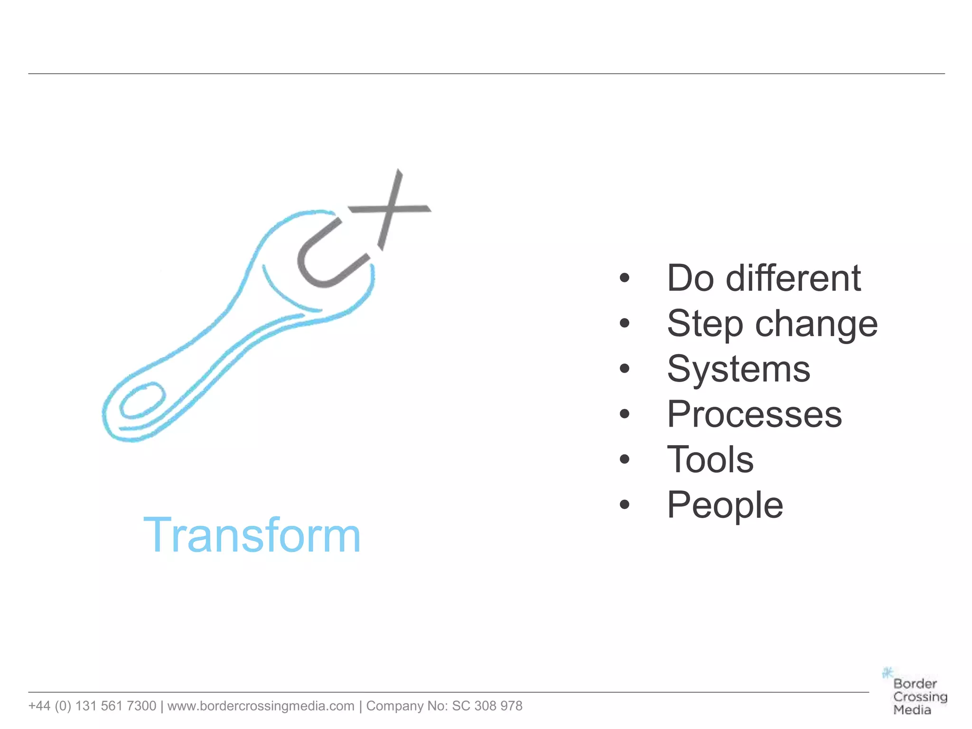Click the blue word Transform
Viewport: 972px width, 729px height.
click(252, 535)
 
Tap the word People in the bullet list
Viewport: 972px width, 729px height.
click(725, 505)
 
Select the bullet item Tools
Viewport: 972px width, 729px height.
click(710, 459)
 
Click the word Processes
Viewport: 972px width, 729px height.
click(754, 414)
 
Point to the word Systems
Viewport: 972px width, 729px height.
click(738, 369)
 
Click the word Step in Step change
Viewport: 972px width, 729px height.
click(705, 324)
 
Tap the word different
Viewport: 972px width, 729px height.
click(793, 278)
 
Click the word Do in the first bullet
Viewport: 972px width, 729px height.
click(691, 278)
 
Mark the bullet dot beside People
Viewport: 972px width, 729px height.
click(625, 505)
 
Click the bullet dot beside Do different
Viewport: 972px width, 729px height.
click(625, 278)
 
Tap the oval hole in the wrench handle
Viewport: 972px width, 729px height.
click(142, 401)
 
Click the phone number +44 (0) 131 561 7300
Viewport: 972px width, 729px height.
click(92, 706)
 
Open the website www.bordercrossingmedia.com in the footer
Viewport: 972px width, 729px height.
click(261, 706)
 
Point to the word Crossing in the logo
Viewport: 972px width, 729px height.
click(920, 697)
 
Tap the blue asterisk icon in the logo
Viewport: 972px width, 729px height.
click(887, 673)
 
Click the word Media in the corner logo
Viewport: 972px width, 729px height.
click(912, 710)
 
